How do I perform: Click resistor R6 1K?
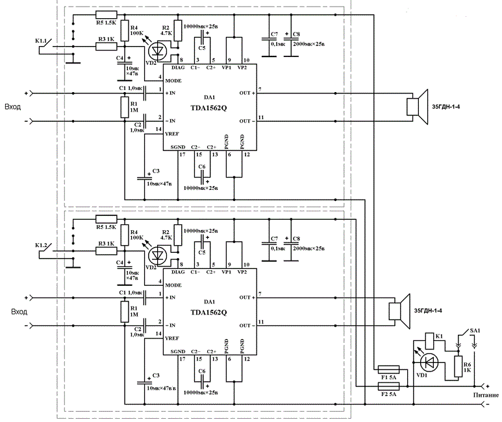458,364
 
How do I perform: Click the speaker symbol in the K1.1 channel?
414,107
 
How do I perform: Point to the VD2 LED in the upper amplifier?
158,49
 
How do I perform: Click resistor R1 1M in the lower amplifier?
124,312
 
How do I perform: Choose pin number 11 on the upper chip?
260,117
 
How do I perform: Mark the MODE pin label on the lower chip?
173,285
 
